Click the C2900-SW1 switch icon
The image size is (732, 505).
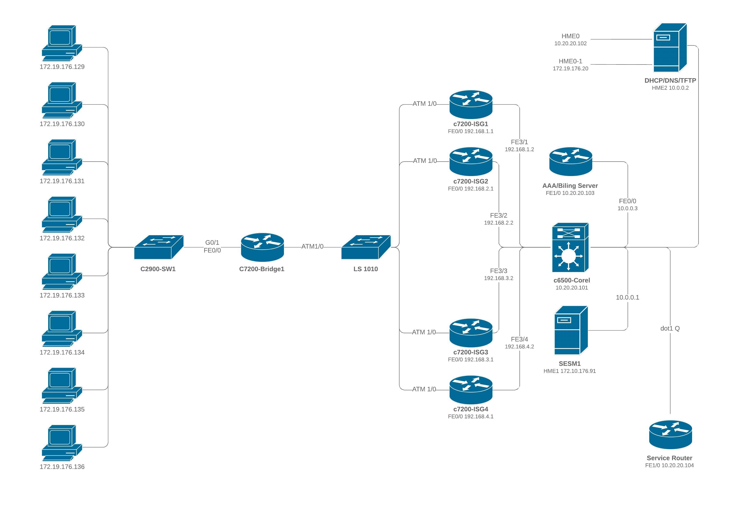click(x=159, y=247)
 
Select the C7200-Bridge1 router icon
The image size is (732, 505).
click(x=262, y=247)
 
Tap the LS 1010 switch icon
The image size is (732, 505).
click(x=366, y=247)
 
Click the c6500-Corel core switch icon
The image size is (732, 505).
click(x=570, y=247)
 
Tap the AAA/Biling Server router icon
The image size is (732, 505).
click(x=571, y=161)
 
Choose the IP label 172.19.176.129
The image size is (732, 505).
click(x=62, y=67)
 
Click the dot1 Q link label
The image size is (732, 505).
click(x=670, y=329)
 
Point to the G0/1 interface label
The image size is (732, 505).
click(x=212, y=242)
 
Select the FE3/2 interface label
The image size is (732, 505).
click(x=498, y=215)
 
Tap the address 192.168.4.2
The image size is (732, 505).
click(x=519, y=346)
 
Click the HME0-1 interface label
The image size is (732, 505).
click(x=570, y=61)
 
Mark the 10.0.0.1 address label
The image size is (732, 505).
click(x=627, y=298)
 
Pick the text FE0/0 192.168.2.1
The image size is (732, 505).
click(x=470, y=189)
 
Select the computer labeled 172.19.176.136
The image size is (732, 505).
click(x=62, y=443)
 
